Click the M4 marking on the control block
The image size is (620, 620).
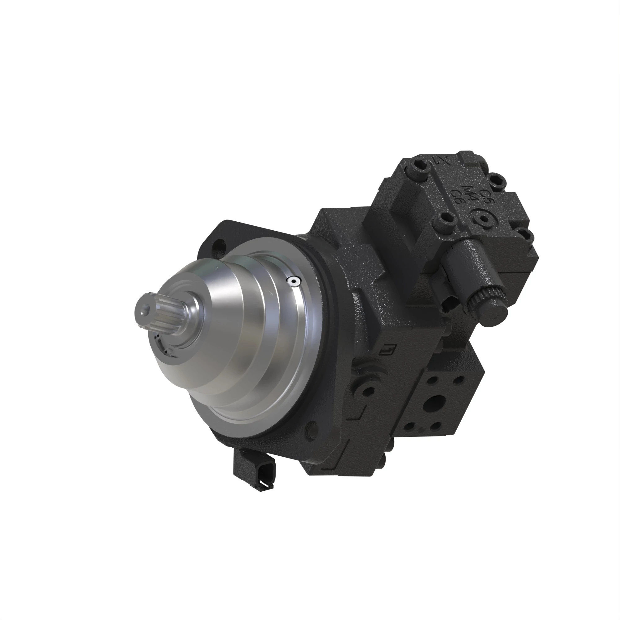coord(471,194)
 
